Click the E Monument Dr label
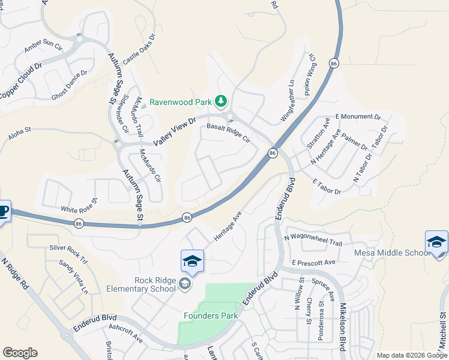(x=358, y=116)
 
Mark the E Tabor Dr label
(x=327, y=186)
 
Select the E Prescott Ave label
(x=313, y=263)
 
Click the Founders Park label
(x=211, y=316)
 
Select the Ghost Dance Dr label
(x=69, y=85)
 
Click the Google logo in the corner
(x=20, y=353)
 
